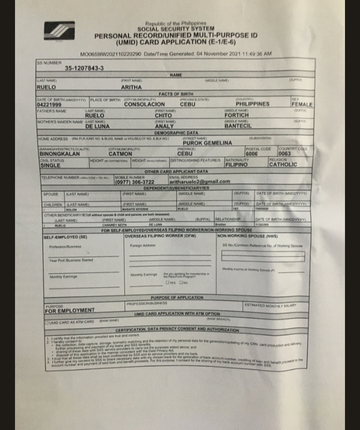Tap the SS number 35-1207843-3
(x=84, y=68)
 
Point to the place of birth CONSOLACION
(x=144, y=104)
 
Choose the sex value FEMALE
(x=302, y=104)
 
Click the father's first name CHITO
(x=163, y=115)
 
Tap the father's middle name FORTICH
(x=236, y=115)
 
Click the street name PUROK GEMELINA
(x=208, y=143)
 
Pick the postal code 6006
(x=252, y=154)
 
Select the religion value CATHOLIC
(x=283, y=164)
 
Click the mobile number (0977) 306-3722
(x=135, y=182)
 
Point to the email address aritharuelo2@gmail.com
(x=199, y=181)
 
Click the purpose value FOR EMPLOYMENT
(x=69, y=310)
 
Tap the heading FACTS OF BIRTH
(x=176, y=93)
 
